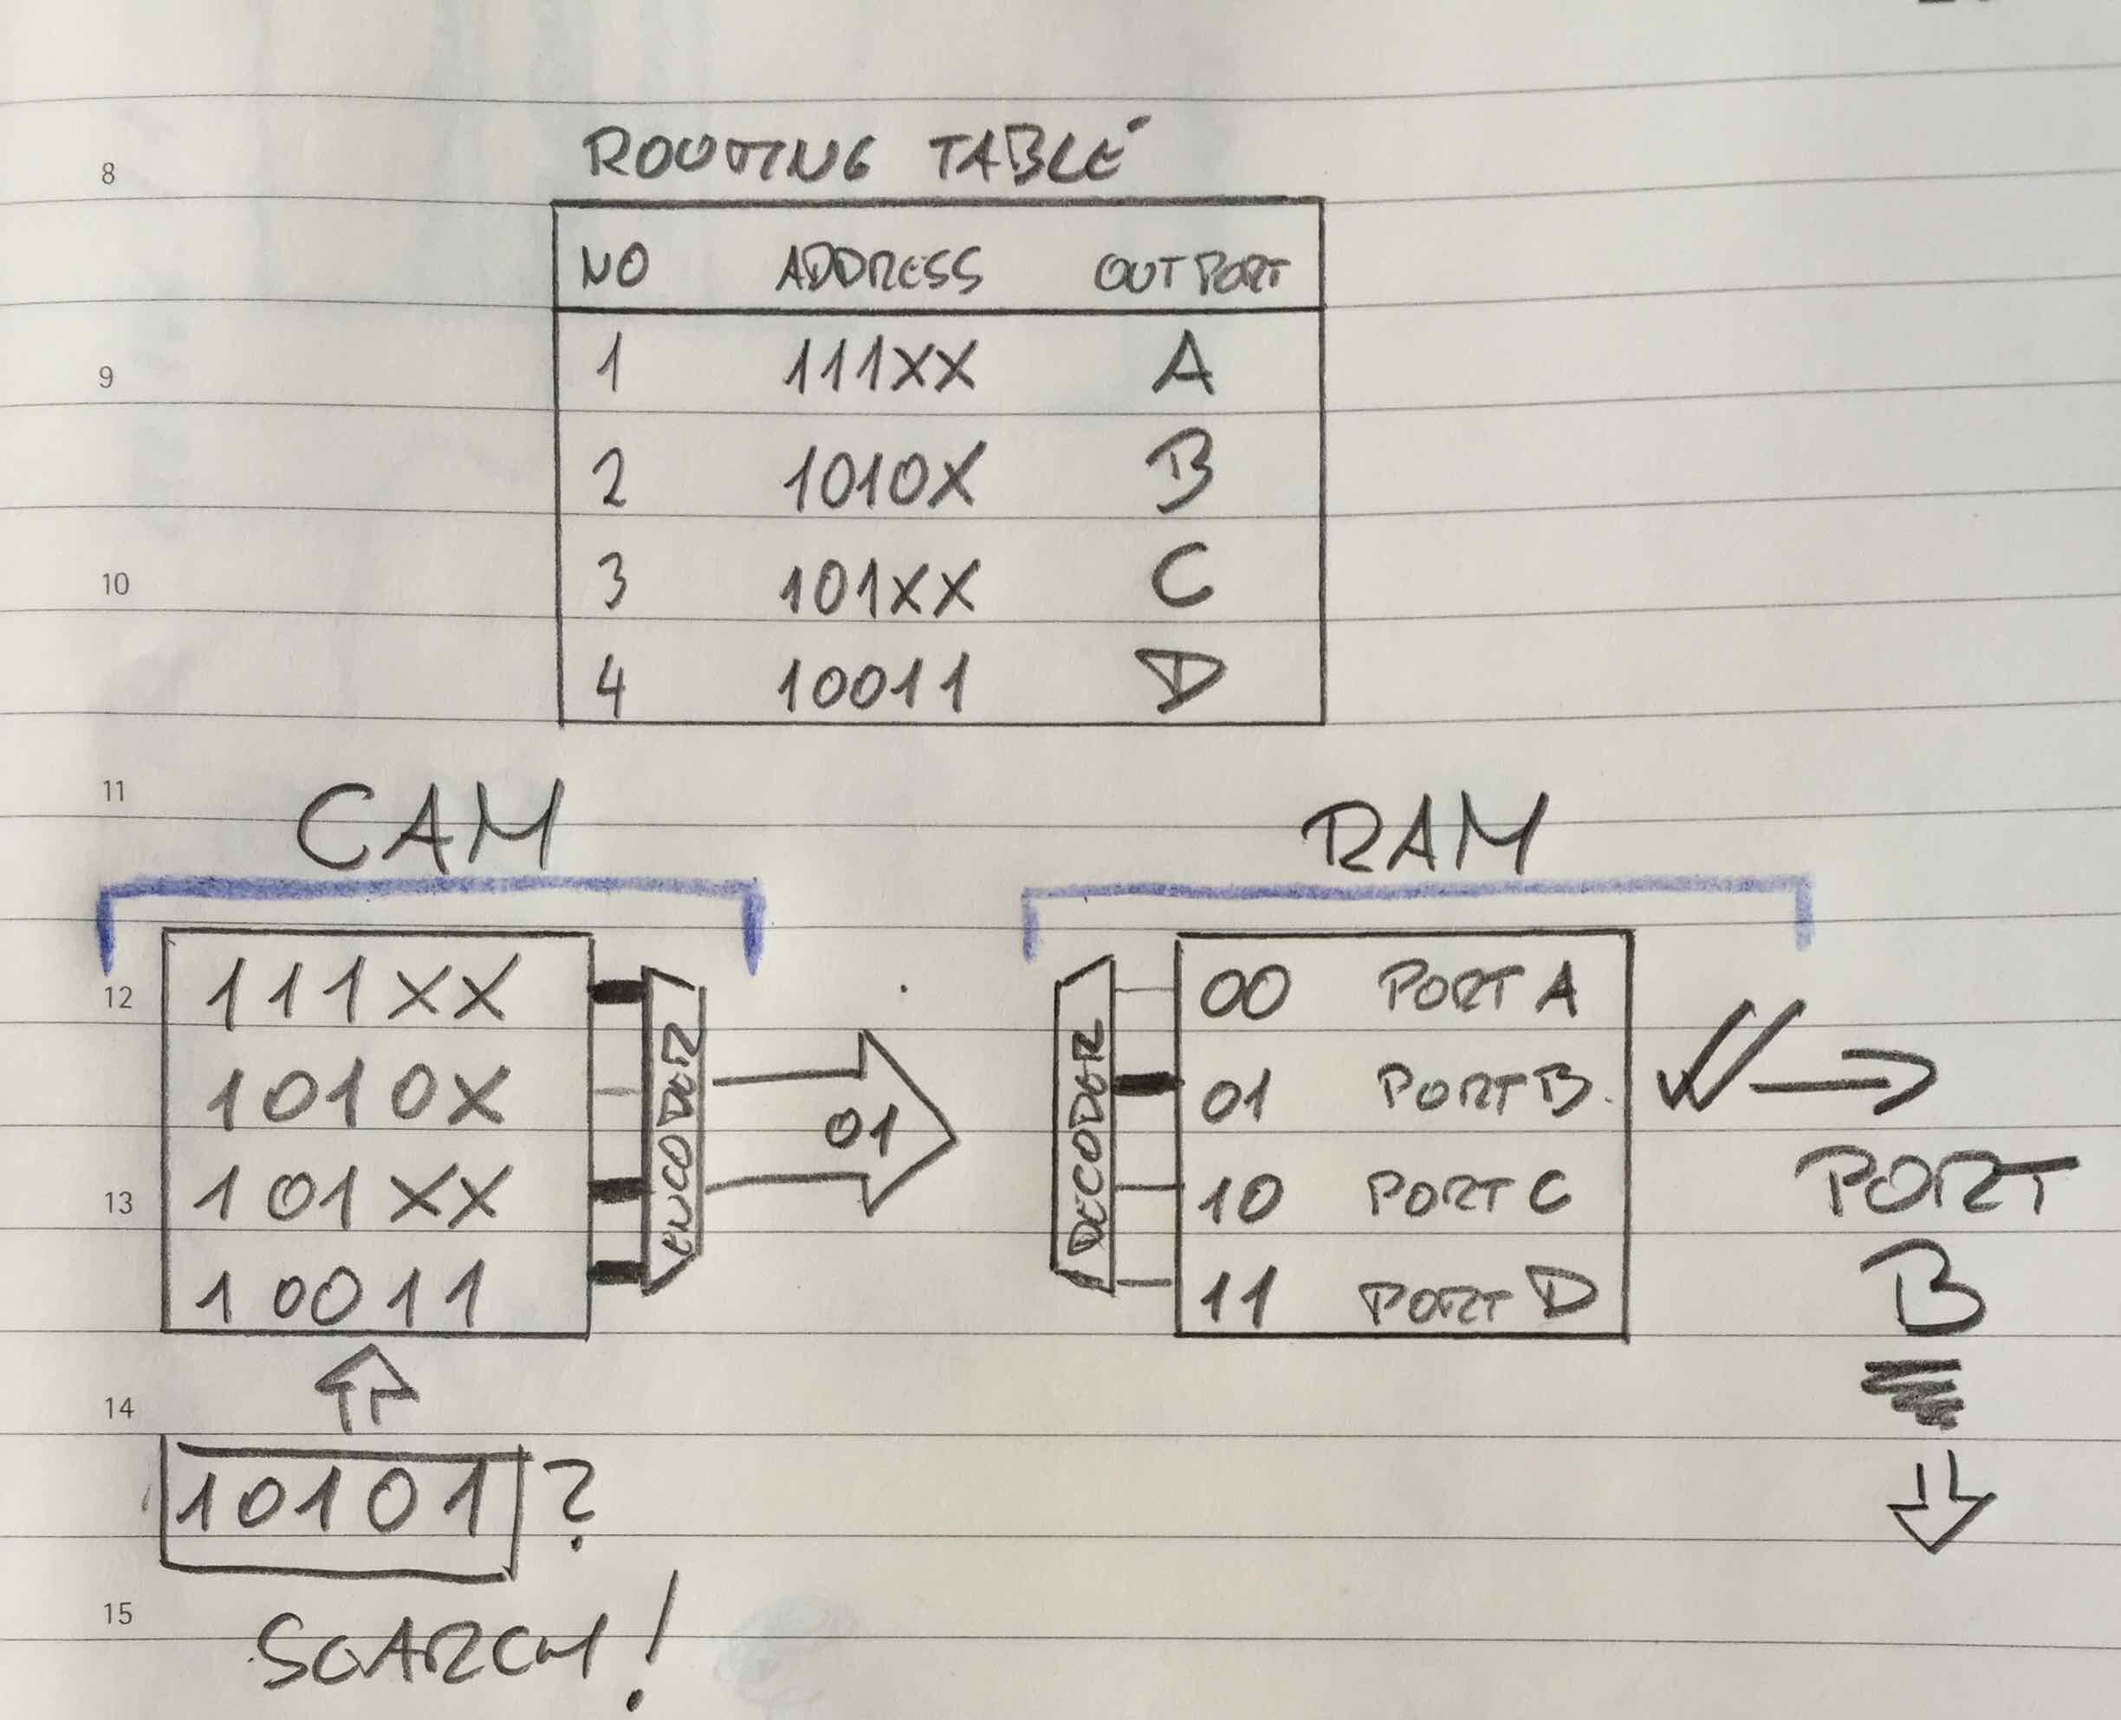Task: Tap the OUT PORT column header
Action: tap(1190, 272)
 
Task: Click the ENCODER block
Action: tap(674, 1130)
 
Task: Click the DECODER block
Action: tap(1085, 1125)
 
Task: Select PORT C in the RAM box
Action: tap(1466, 1194)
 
